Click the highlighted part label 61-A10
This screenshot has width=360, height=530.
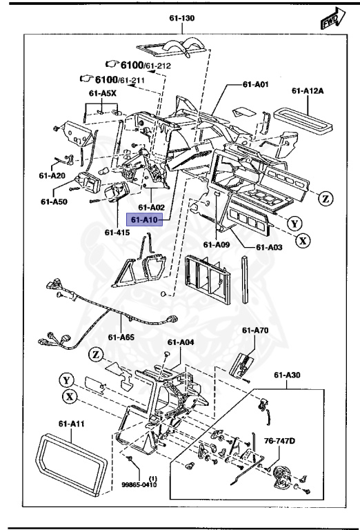pyautogui.click(x=146, y=219)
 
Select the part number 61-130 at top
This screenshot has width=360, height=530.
pyautogui.click(x=181, y=20)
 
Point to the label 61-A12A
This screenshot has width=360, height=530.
pyautogui.click(x=307, y=90)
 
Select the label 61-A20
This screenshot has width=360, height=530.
pyautogui.click(x=52, y=175)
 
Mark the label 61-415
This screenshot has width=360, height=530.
pyautogui.click(x=117, y=232)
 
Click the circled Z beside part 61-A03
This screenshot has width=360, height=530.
pyautogui.click(x=326, y=199)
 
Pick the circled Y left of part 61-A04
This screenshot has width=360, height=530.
pyautogui.click(x=66, y=380)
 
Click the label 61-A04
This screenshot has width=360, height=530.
pyautogui.click(x=181, y=341)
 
